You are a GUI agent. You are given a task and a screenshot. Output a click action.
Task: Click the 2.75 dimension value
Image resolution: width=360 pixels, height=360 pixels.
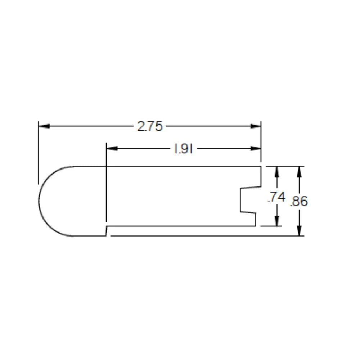coord(150,126)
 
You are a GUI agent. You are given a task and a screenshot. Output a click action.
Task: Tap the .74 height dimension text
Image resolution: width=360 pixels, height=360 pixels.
coord(276,197)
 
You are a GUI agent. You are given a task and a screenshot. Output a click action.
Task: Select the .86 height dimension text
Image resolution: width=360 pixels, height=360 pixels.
coord(299,201)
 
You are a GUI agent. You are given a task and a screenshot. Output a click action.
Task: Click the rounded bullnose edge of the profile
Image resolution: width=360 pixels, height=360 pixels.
coord(40,202)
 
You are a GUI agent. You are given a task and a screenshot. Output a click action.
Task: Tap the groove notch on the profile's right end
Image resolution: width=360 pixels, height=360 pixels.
coord(248,200)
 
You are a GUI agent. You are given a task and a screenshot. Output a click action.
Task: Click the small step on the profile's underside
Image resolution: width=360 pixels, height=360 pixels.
coord(107,231)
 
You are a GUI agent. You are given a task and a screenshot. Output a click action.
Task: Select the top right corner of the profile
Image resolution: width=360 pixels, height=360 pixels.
coord(261,166)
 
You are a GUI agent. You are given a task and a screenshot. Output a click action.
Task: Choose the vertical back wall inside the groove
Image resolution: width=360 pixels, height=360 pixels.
coord(240,200)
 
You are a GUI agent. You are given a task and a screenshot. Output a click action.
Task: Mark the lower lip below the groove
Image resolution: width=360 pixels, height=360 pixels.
coord(255,219)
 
